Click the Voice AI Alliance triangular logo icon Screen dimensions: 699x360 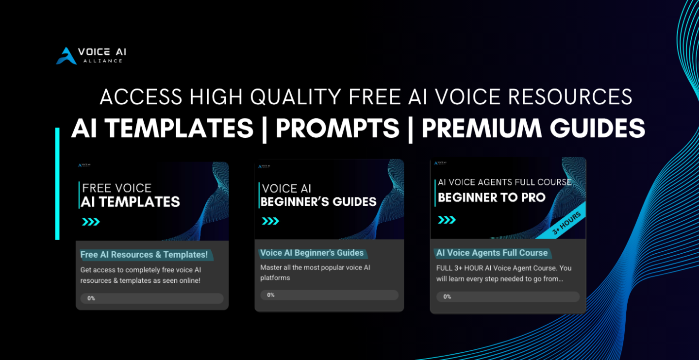pos(67,56)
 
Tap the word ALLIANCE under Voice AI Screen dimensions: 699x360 pos(103,61)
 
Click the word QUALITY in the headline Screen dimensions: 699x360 pos(296,97)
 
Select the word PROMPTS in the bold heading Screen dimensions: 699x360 pos(337,128)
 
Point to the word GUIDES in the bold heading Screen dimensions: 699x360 pos(597,128)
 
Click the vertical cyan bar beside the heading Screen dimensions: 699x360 pos(57,183)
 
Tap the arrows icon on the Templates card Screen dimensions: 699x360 pos(91,222)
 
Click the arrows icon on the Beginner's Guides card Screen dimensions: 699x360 pos(270,221)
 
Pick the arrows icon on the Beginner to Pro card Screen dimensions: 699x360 pos(447,220)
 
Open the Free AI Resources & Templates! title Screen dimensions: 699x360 pos(144,255)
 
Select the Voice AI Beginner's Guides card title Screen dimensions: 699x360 pos(312,253)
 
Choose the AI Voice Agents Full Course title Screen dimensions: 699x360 pos(492,253)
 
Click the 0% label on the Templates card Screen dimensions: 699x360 pos(91,298)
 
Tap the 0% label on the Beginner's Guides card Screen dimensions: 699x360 pos(270,295)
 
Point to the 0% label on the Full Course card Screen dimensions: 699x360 pos(447,296)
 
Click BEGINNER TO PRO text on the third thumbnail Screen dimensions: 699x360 pos(491,197)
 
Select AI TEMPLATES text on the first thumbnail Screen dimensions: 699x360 pos(130,202)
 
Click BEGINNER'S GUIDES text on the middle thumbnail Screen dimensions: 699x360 pos(318,202)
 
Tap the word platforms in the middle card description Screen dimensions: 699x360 pos(275,278)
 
